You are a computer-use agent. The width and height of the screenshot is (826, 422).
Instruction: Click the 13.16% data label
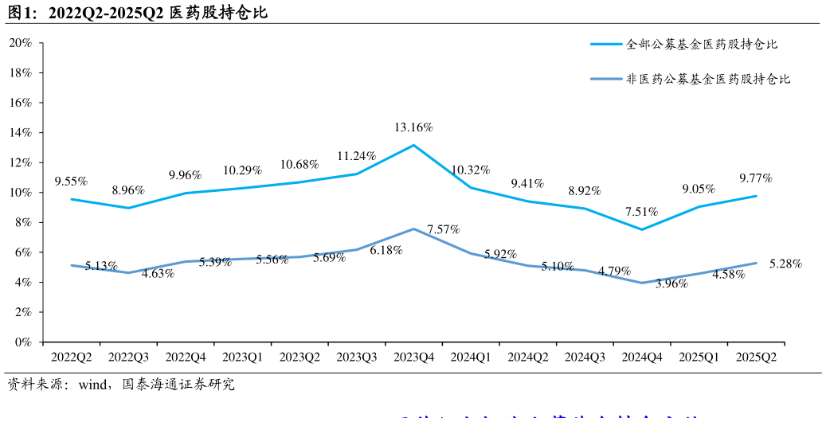413,127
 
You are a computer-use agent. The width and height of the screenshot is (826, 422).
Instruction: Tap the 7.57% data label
444,230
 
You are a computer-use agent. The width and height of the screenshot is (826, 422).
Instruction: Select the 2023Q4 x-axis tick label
413,358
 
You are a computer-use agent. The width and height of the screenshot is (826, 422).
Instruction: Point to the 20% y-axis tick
19,43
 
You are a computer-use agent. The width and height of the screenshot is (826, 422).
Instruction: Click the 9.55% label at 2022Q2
71,182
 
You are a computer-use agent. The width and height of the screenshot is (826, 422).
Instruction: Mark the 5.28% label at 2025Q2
785,264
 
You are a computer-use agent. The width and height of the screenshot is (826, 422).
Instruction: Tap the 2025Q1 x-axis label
699,358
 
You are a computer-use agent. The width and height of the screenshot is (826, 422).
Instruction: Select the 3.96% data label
671,283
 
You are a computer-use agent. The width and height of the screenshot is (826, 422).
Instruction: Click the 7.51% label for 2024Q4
641,212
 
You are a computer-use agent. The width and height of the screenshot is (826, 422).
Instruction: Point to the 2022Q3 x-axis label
128,358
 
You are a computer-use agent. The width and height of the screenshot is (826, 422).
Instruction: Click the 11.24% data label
356,156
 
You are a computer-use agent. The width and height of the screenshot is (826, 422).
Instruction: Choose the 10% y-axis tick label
19,193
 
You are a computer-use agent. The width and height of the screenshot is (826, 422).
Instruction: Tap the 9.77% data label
756,178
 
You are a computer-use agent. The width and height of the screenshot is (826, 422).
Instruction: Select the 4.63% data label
158,274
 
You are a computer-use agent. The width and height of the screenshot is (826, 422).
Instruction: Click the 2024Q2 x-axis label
528,358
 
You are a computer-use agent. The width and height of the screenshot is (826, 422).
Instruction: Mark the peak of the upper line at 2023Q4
413,145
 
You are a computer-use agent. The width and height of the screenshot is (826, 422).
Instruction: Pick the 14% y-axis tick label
19,133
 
